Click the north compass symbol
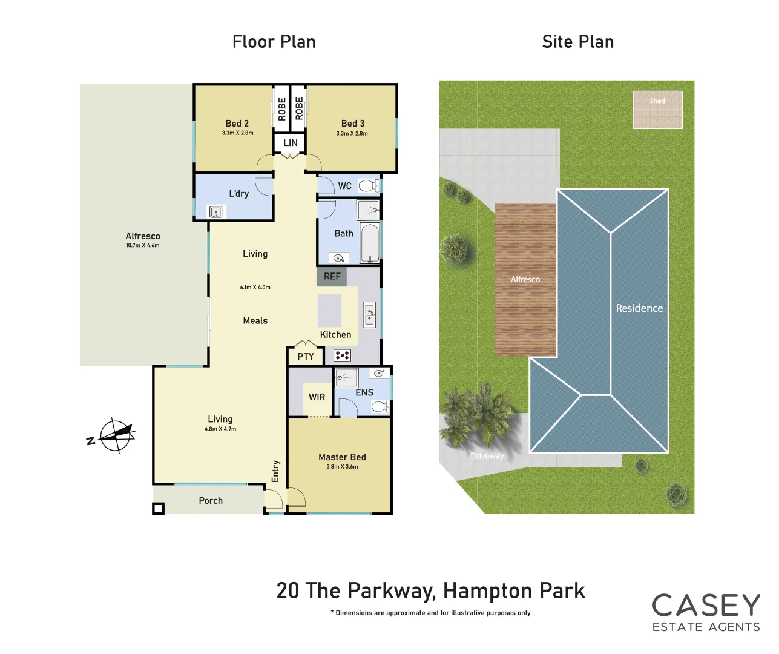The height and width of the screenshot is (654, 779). [115, 435]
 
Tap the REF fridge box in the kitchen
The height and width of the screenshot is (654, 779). [332, 277]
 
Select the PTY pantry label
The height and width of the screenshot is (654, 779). [306, 357]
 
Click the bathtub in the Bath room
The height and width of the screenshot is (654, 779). [369, 243]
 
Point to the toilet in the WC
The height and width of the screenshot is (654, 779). [367, 185]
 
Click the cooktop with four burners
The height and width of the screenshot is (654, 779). [342, 355]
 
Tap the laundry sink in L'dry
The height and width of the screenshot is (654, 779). [216, 211]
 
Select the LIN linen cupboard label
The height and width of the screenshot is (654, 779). [291, 143]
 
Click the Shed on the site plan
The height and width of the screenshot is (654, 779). [657, 110]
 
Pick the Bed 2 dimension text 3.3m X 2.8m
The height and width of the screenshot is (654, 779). [237, 133]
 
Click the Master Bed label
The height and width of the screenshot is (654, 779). [342, 457]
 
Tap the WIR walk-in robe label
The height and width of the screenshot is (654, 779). [317, 397]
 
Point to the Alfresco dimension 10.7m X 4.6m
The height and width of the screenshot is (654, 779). [143, 245]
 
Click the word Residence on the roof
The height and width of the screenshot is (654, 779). [639, 308]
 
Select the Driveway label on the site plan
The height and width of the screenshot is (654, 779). [487, 456]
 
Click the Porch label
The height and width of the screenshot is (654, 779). [211, 501]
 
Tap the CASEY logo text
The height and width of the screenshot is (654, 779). [706, 606]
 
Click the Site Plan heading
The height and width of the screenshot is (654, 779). [577, 42]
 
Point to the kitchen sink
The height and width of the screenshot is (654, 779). [369, 315]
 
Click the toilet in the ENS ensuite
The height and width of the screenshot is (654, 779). [380, 407]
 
